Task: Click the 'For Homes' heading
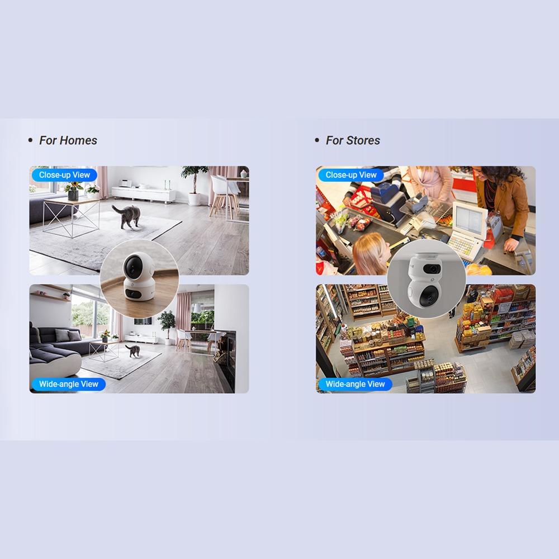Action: pos(68,140)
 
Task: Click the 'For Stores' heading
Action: pos(353,140)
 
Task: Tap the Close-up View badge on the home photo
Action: pos(64,175)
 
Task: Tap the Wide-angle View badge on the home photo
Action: pos(68,384)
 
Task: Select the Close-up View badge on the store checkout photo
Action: pos(351,175)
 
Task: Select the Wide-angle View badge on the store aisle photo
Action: pos(355,384)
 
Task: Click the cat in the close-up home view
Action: pos(127,216)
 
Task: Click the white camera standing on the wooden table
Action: pos(139,276)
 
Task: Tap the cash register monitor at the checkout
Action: pos(470,217)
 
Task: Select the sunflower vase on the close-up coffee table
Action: pos(73,191)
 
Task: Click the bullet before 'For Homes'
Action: pos(30,140)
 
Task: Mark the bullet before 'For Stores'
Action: pos(317,140)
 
